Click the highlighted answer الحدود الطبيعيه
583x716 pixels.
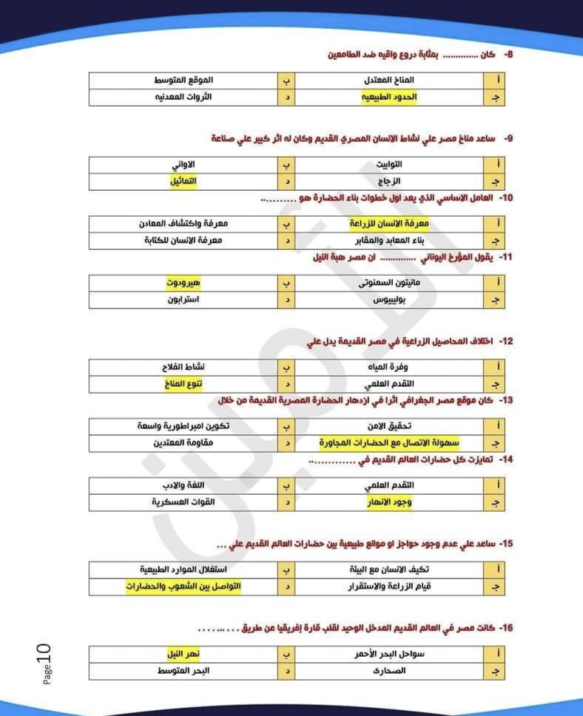click(389, 98)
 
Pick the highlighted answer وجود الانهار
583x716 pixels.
click(390, 504)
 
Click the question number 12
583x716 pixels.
click(505, 341)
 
